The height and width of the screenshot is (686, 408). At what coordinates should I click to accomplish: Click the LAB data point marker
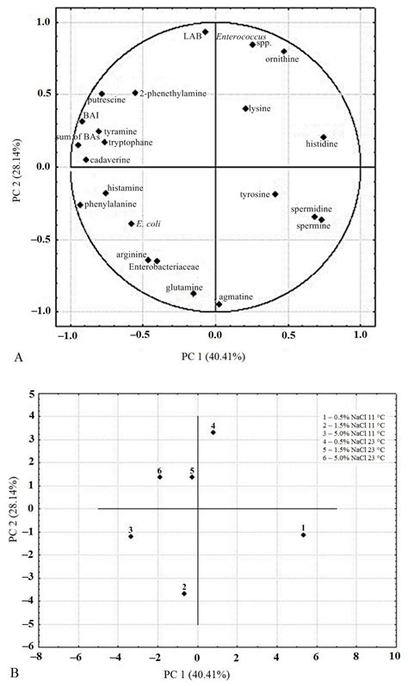click(205, 33)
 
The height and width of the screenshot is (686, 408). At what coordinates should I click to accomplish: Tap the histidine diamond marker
click(324, 138)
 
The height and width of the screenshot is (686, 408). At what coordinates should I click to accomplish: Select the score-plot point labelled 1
click(304, 535)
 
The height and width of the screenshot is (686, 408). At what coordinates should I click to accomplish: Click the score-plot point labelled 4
click(213, 432)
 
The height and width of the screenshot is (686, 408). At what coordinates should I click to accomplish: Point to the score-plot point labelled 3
click(131, 536)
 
